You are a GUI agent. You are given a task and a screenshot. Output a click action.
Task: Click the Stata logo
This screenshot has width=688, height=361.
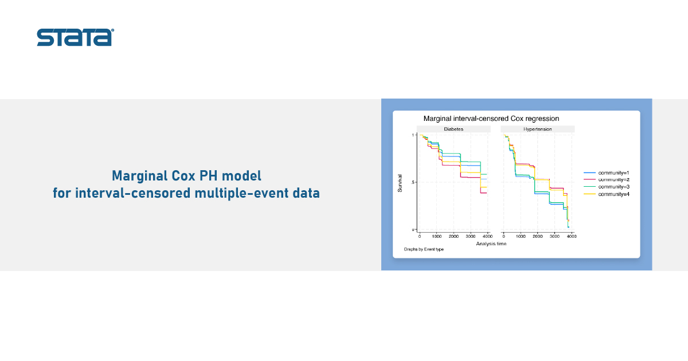point(76,37)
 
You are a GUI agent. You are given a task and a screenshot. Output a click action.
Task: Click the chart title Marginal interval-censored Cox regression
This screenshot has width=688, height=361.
point(491,119)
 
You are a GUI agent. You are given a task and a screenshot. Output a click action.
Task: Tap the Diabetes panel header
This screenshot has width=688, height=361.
point(454,130)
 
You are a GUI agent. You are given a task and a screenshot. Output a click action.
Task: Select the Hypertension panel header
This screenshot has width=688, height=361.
point(538,130)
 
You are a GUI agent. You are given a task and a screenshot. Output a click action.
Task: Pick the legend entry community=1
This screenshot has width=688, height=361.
point(607,173)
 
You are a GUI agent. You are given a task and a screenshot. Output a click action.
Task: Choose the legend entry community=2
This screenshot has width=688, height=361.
point(607,179)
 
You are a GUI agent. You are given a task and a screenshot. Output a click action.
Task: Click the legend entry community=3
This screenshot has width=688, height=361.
point(607,187)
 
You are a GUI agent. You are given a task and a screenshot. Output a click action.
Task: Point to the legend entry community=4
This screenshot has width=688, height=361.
point(607,194)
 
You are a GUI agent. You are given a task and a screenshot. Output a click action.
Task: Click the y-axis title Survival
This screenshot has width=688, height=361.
point(400,183)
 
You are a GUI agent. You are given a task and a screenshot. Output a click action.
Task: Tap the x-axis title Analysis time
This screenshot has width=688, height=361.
point(491,244)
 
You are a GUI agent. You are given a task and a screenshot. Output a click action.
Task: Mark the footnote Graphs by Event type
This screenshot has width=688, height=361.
point(424,249)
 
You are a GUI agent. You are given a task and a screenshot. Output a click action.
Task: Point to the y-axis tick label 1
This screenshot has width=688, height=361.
point(413,135)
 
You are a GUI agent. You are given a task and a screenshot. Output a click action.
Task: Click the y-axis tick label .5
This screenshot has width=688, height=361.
point(412,182)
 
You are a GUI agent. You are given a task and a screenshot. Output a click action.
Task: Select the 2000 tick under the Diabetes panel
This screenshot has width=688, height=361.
point(454,236)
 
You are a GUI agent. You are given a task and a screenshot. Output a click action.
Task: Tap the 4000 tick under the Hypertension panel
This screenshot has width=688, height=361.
point(572,236)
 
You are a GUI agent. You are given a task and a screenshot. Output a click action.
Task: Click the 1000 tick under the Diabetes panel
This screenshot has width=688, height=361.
point(437,236)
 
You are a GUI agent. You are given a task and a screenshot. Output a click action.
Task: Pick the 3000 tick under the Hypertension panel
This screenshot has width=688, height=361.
point(554,236)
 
